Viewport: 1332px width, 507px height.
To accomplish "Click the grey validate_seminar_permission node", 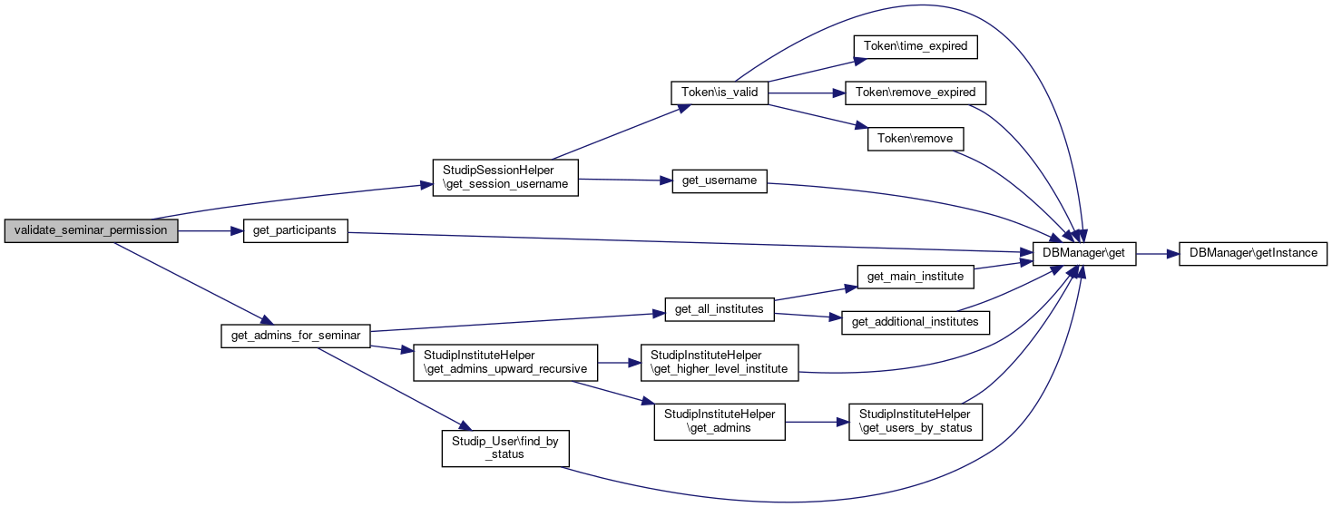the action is (91, 230).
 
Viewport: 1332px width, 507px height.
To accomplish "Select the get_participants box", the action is (295, 230).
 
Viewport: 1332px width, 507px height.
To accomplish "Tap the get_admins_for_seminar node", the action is (296, 336).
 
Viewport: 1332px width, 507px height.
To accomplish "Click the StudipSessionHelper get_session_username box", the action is (505, 178).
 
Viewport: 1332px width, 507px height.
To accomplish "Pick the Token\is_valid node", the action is (720, 93).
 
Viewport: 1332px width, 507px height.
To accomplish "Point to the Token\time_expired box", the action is (916, 47).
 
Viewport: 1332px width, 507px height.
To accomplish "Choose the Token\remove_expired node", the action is (916, 93).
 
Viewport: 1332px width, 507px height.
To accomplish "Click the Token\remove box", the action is (916, 139).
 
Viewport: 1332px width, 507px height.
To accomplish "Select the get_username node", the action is (720, 180).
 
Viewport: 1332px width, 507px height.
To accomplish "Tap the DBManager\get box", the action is (1084, 254).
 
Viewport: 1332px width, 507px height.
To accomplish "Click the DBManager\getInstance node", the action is (1253, 254).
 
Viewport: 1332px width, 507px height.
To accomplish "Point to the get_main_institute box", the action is (916, 277).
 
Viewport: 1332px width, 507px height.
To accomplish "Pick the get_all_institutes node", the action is (720, 309).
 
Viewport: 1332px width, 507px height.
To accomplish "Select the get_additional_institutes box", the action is (916, 323).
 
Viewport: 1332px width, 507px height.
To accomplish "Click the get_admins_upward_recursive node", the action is (505, 363).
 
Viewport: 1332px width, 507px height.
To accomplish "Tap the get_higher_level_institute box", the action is (720, 363).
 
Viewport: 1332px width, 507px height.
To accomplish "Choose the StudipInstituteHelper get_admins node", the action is (720, 422).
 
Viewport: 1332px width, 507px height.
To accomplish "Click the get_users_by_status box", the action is (916, 422).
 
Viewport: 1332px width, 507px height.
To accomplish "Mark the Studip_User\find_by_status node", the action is (505, 449).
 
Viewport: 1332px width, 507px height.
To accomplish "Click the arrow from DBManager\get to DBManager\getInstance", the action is (1157, 254).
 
